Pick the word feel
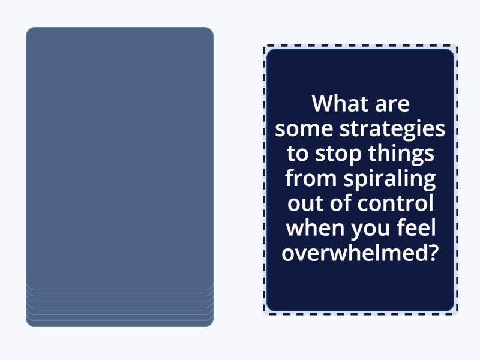click(x=414, y=228)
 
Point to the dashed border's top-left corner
click(x=265, y=47)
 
